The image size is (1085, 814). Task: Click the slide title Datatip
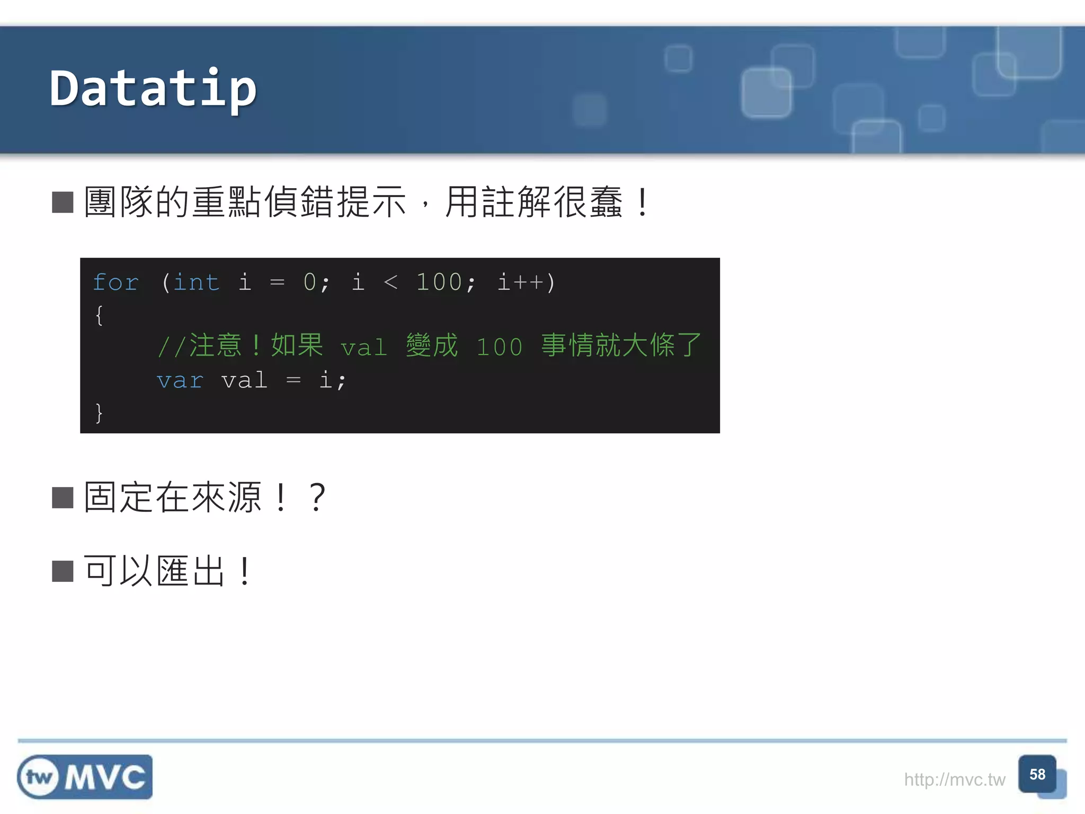(x=153, y=89)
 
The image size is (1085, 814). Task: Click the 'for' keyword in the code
(x=115, y=282)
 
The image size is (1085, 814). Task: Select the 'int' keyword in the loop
(x=196, y=282)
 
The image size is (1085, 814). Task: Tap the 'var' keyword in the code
(x=180, y=381)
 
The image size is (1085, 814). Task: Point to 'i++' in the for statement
(x=521, y=282)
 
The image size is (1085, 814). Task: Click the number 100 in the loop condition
(x=439, y=282)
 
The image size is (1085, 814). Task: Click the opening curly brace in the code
(x=99, y=315)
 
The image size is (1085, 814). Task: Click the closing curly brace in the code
(x=99, y=412)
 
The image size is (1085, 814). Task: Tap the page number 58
(x=1037, y=774)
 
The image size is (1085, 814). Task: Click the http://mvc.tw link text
(x=954, y=780)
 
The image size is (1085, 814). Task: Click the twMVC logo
(x=85, y=777)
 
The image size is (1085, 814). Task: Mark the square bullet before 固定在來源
(x=63, y=498)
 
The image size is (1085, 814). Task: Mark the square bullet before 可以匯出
(x=63, y=571)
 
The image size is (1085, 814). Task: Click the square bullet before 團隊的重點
(x=63, y=202)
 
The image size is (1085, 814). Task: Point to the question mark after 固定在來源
(x=317, y=498)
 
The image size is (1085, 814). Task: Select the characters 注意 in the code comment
(x=215, y=346)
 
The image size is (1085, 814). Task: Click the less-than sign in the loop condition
(x=390, y=282)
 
